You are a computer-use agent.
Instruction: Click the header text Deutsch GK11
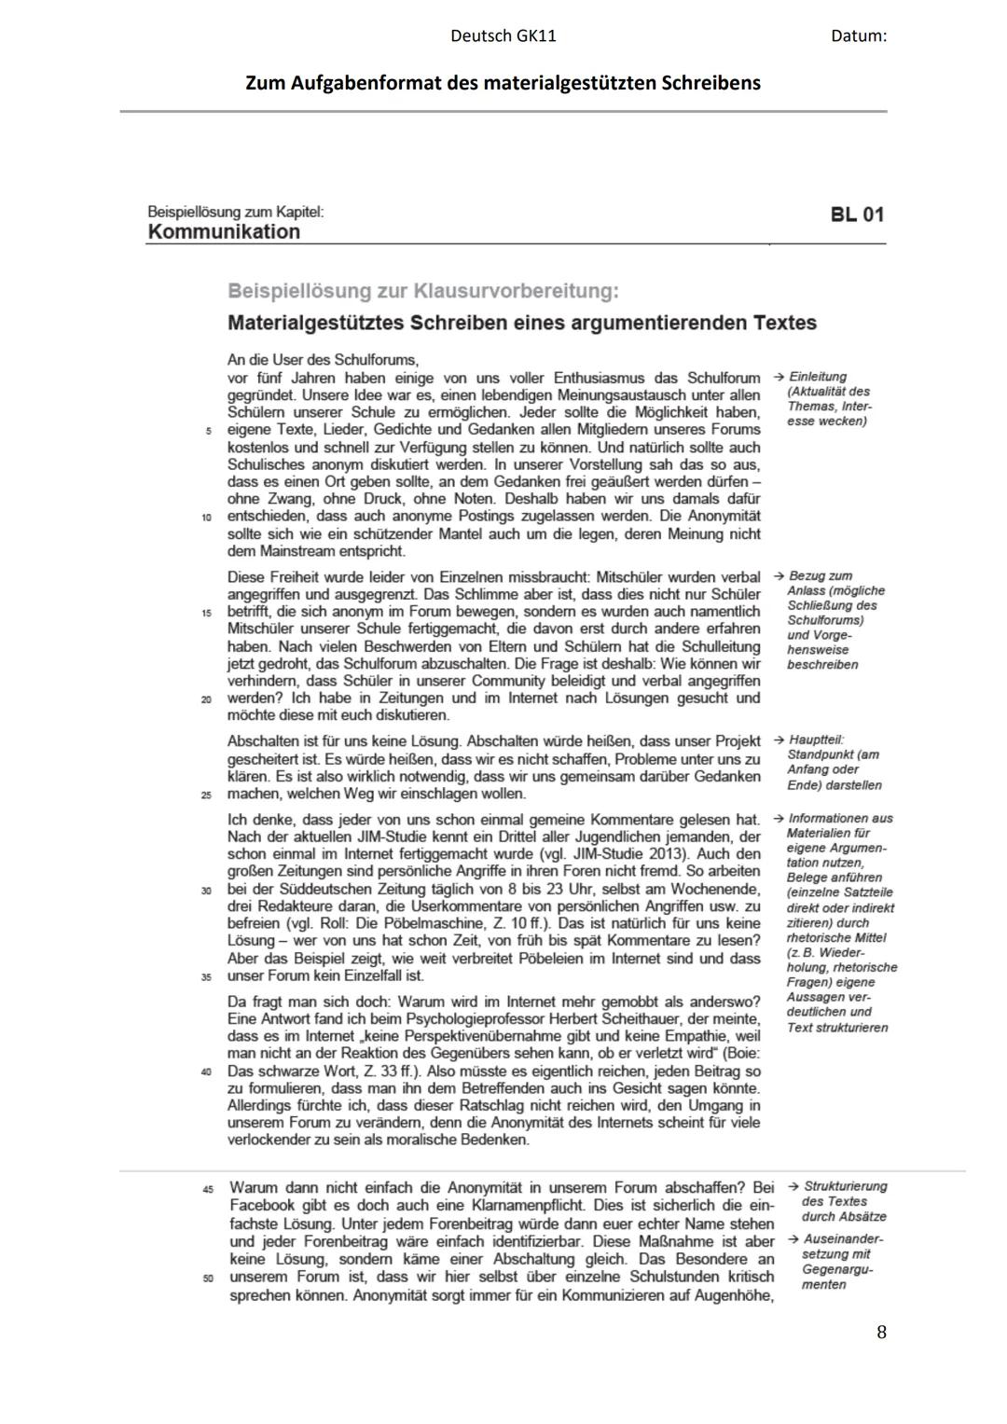point(503,36)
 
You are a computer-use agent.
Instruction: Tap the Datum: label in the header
point(858,36)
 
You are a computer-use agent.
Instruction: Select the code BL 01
point(857,214)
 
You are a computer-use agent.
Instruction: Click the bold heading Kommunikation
point(224,232)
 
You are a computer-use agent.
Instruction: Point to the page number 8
point(881,1332)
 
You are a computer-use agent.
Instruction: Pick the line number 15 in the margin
point(206,614)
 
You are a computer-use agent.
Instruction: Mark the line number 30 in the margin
point(206,891)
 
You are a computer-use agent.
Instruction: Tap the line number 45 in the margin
point(208,1189)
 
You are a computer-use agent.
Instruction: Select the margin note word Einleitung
point(818,377)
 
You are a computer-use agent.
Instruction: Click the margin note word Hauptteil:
point(816,740)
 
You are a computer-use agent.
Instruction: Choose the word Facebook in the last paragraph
point(260,1206)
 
